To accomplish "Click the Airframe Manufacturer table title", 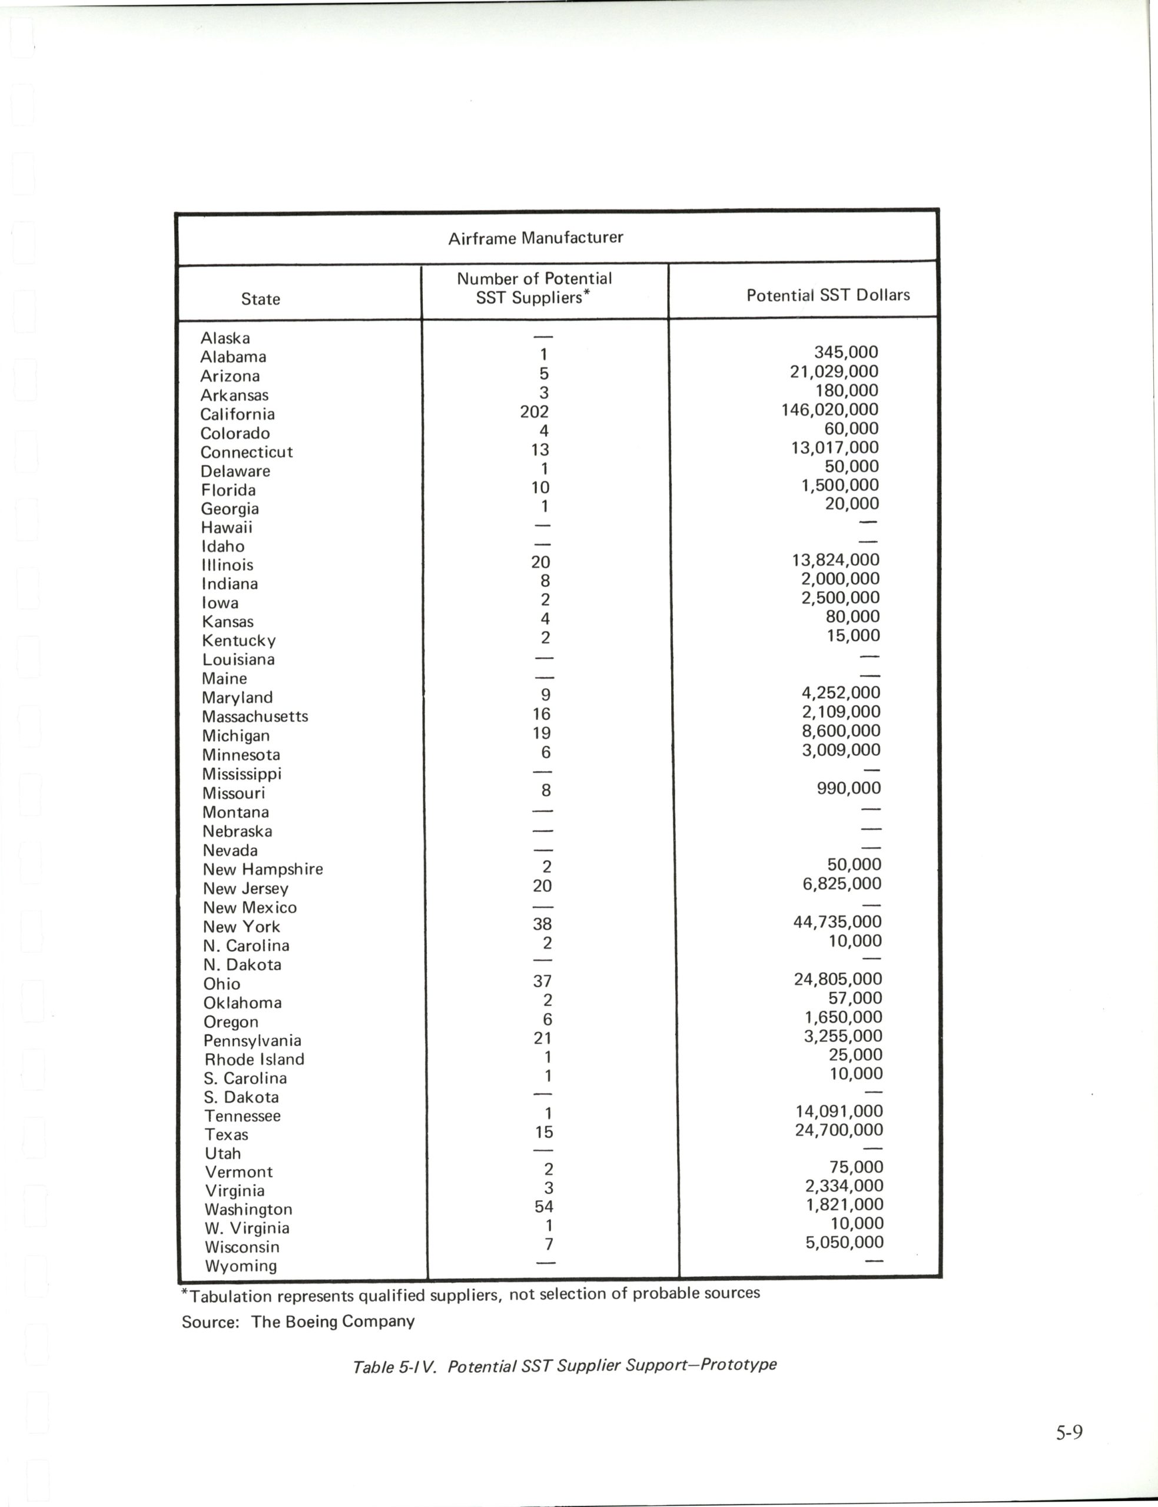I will [x=536, y=238].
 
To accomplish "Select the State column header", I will [x=261, y=299].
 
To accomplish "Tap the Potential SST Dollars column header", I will [x=828, y=295].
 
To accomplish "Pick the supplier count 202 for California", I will [x=534, y=412].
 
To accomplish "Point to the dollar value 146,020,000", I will [x=829, y=410].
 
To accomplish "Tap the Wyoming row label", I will [x=241, y=1266].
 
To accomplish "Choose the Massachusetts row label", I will [x=255, y=716].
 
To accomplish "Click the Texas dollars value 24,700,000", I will [x=838, y=1130].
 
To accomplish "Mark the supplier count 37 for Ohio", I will [x=542, y=981].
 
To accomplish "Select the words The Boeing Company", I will [x=333, y=1322].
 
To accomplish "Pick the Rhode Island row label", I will [x=254, y=1059].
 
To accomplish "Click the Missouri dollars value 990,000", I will [x=848, y=788].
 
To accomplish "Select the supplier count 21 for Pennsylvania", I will [x=542, y=1038].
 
